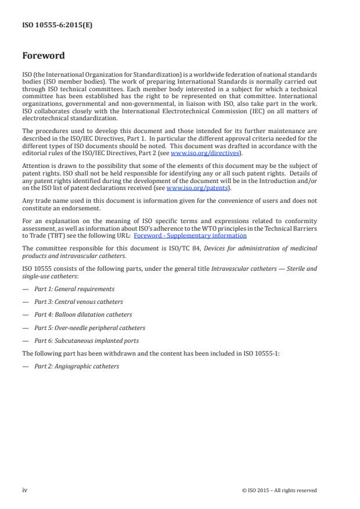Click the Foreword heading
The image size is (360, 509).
(44, 56)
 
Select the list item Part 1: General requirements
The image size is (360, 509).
(74, 289)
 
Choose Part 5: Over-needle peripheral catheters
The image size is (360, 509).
(89, 327)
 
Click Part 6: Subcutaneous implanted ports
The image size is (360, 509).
(87, 340)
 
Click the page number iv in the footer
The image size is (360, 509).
(25, 490)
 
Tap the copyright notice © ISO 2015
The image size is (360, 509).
(279, 490)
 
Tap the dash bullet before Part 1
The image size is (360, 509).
(26, 289)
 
